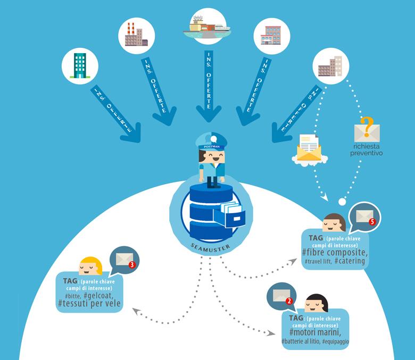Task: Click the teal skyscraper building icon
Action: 79,66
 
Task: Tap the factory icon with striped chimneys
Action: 136,36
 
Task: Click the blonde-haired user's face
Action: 90,267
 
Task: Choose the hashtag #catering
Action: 350,261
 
